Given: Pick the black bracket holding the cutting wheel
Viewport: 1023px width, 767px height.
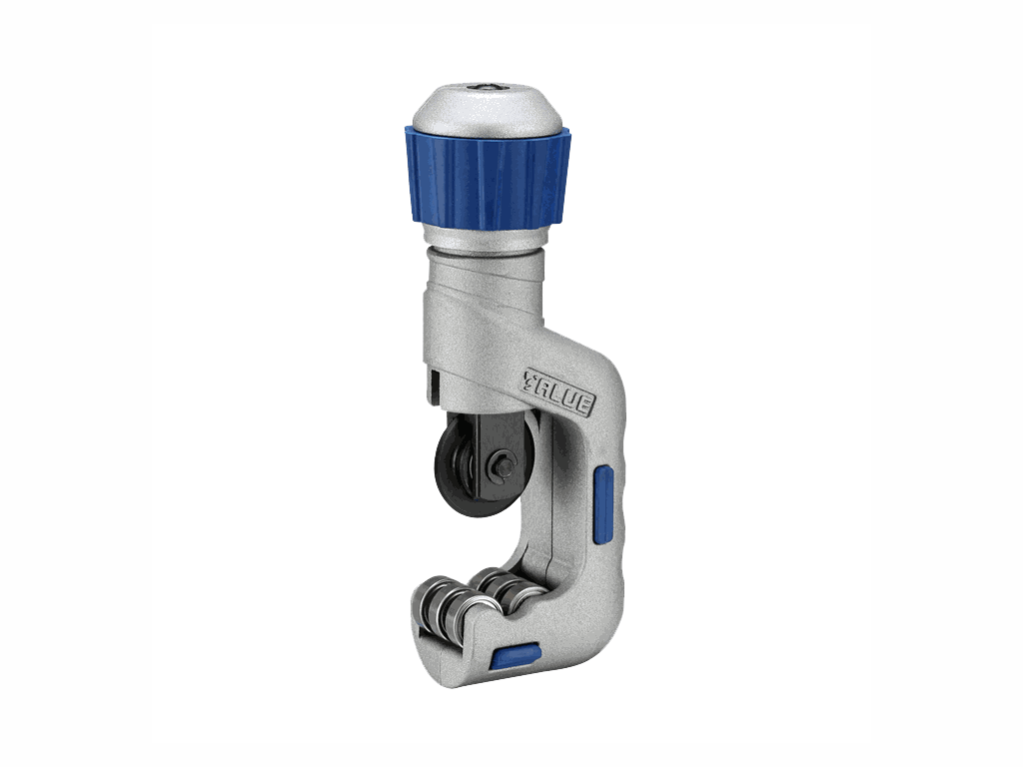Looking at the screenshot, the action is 503,450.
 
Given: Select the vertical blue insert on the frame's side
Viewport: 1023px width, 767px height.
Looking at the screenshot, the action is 603,503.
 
